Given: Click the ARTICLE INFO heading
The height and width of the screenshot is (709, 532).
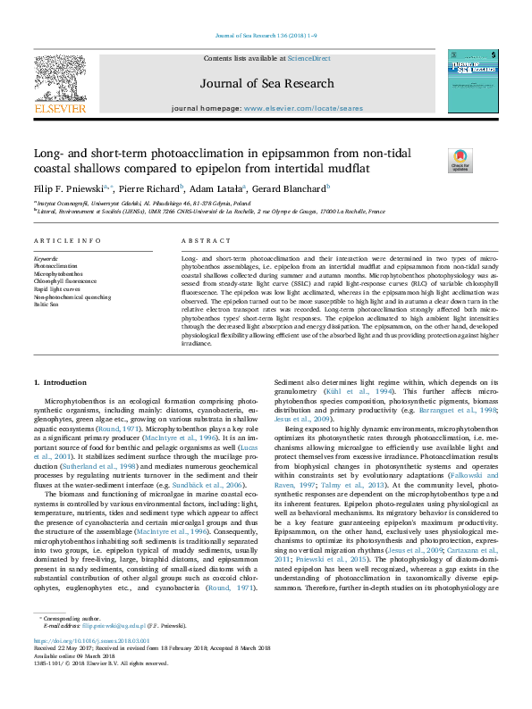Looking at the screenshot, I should coord(67,242).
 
